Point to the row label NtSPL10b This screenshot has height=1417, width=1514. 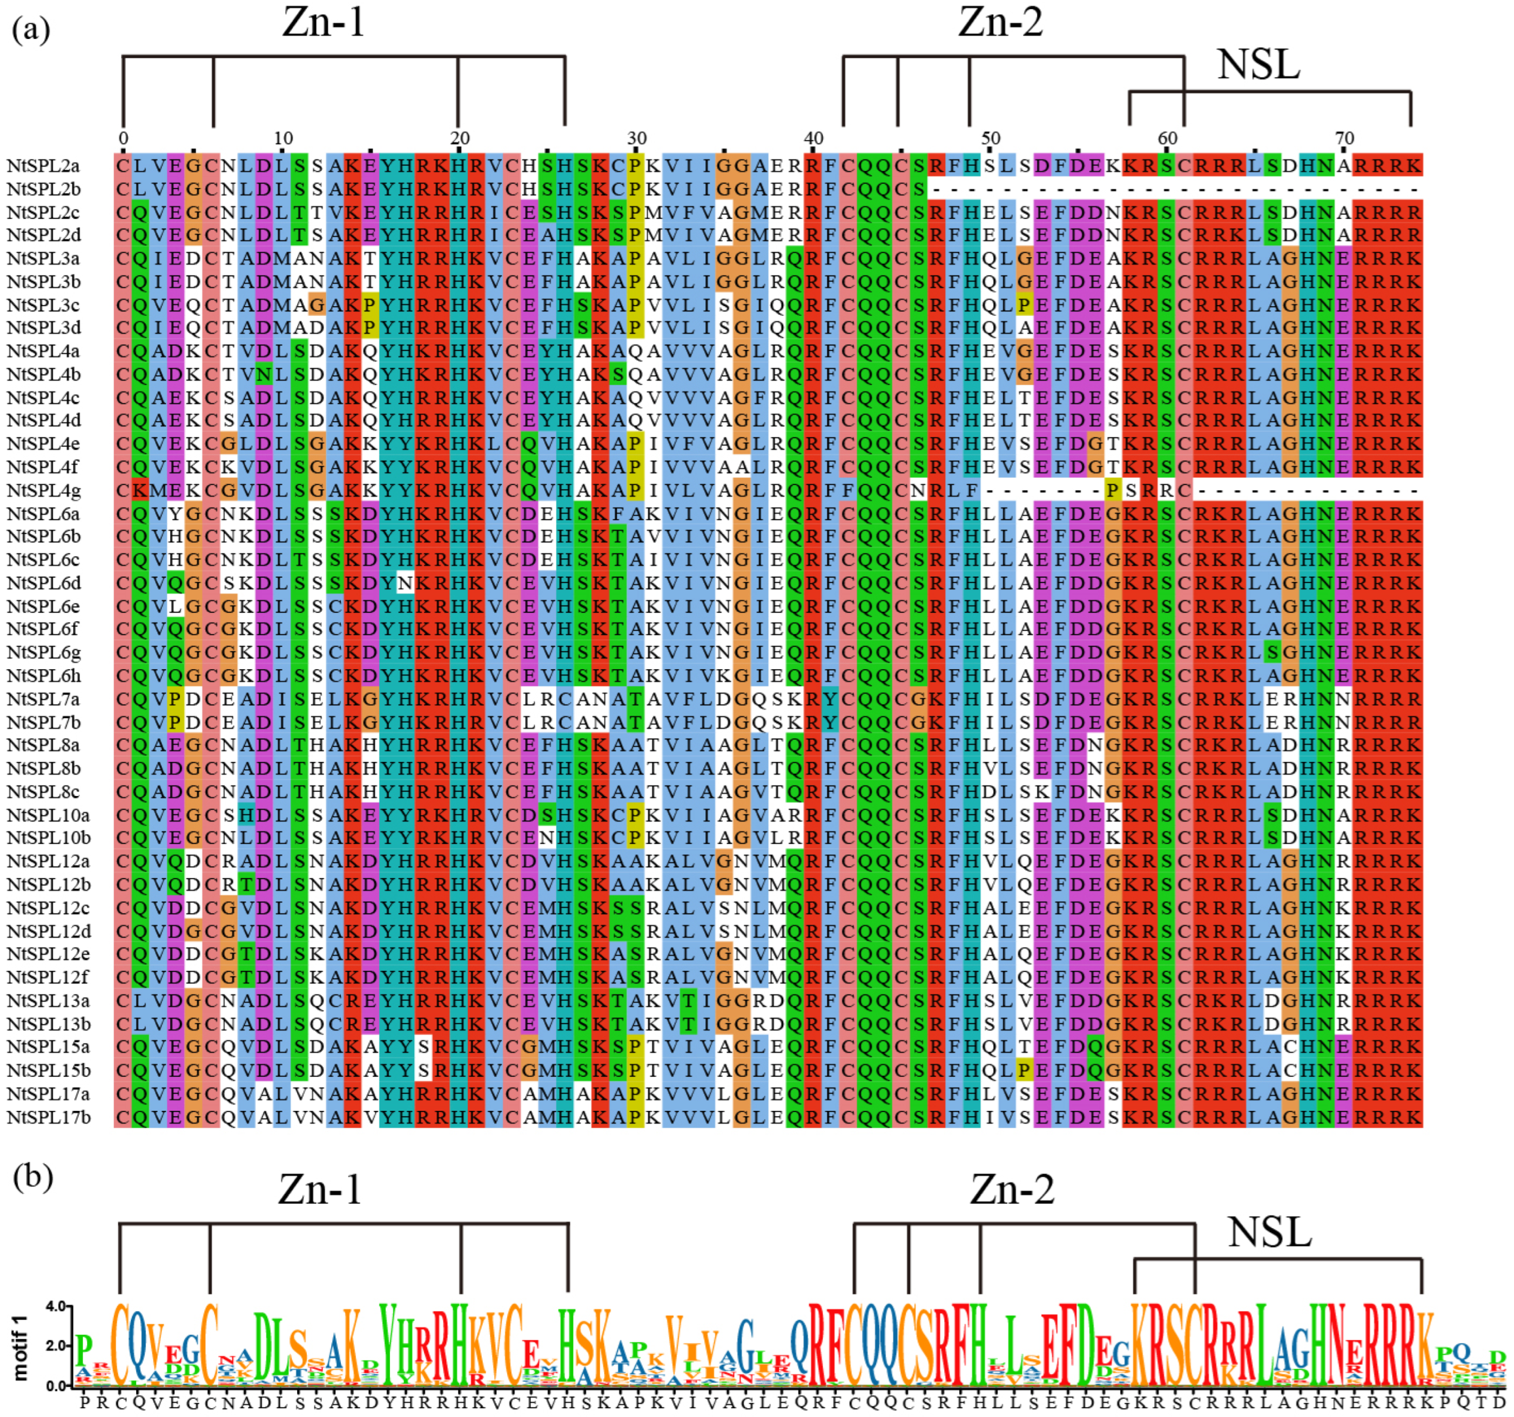coord(49,838)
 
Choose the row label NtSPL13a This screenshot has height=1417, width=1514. coord(49,1001)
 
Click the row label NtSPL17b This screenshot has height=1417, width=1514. coord(49,1117)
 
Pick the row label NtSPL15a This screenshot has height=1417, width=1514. coord(49,1047)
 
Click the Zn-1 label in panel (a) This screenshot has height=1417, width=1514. coord(324,23)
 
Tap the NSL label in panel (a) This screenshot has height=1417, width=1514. coord(1258,65)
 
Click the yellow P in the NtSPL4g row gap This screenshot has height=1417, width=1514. coord(1113,490)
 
